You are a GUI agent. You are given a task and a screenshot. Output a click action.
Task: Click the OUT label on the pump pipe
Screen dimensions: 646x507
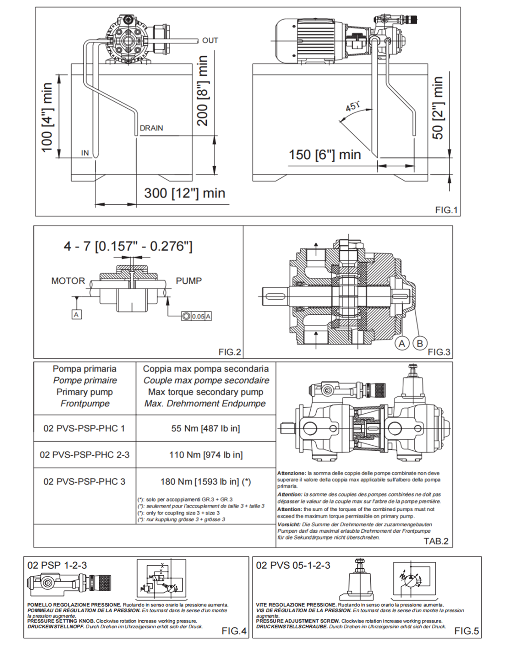click(x=210, y=40)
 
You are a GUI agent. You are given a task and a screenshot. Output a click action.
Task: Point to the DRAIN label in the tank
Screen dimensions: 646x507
click(x=151, y=128)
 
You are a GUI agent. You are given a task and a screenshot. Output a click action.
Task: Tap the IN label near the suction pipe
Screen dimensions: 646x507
click(x=85, y=153)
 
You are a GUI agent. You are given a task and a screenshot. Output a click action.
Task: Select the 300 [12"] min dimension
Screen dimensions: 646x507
click(x=184, y=193)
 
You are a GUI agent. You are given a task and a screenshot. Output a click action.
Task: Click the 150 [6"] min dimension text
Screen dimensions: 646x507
click(x=324, y=155)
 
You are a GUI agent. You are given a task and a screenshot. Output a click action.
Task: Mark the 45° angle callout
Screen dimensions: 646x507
click(x=352, y=106)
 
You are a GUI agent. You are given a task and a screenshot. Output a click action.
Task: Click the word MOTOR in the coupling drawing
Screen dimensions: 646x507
click(x=68, y=281)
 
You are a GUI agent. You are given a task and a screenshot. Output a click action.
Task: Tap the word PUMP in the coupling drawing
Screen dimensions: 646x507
click(x=189, y=281)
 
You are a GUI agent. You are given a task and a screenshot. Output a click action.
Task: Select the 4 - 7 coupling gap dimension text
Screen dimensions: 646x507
click(x=128, y=246)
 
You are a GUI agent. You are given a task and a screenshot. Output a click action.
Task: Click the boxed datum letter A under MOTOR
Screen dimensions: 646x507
click(x=76, y=315)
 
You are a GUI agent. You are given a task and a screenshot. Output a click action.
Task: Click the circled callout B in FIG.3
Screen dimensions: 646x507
click(x=420, y=343)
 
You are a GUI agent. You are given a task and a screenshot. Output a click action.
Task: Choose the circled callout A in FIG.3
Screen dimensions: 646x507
click(x=402, y=343)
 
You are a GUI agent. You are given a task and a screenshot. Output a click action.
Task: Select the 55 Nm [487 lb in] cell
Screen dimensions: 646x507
click(x=205, y=428)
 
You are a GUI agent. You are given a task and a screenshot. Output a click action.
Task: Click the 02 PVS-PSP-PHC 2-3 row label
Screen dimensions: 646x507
click(x=84, y=455)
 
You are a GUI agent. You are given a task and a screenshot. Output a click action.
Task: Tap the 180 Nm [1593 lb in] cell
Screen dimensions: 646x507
click(x=205, y=482)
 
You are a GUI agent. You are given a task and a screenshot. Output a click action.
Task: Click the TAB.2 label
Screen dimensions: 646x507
click(x=436, y=541)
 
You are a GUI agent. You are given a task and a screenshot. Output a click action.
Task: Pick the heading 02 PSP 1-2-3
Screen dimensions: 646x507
click(x=57, y=565)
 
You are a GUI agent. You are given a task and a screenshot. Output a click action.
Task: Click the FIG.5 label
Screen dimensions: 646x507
click(x=466, y=631)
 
